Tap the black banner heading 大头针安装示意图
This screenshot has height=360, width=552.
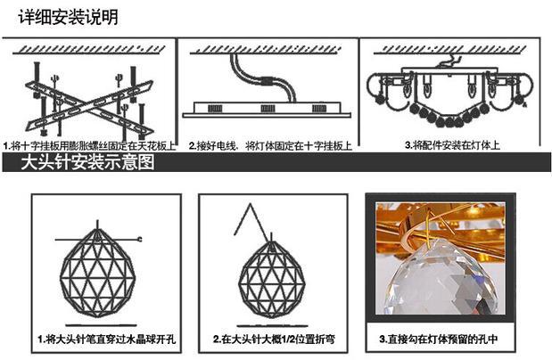click(x=88, y=163)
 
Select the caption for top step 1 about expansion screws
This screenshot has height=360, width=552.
click(x=89, y=144)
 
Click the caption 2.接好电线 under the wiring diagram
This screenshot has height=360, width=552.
click(x=212, y=144)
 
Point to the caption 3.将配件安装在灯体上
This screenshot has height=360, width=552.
click(x=449, y=144)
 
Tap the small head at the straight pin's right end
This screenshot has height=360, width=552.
click(x=141, y=238)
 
